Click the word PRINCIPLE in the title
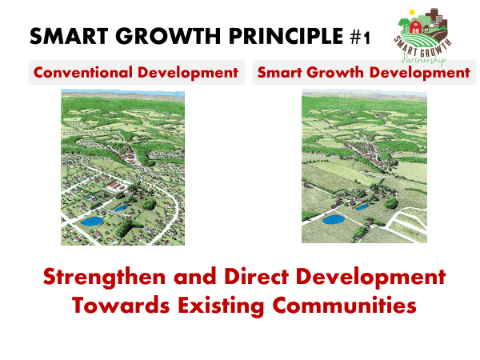pyautogui.click(x=286, y=36)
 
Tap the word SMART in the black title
pyautogui.click(x=69, y=36)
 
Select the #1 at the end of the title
pyautogui.click(x=360, y=38)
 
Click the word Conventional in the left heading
pyautogui.click(x=83, y=73)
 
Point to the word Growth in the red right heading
pyautogui.click(x=336, y=73)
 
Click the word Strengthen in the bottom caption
pyautogui.click(x=104, y=278)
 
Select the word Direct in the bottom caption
pyautogui.click(x=257, y=277)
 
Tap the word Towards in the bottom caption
pyautogui.click(x=121, y=305)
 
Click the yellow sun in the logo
pyautogui.click(x=412, y=12)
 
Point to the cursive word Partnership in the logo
pyautogui.click(x=424, y=58)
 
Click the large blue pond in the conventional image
pyautogui.click(x=92, y=221)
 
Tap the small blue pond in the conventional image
pyautogui.click(x=121, y=209)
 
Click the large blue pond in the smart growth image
pyautogui.click(x=334, y=219)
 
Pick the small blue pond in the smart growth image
pyautogui.click(x=362, y=207)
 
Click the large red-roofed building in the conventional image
pyautogui.click(x=114, y=186)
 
